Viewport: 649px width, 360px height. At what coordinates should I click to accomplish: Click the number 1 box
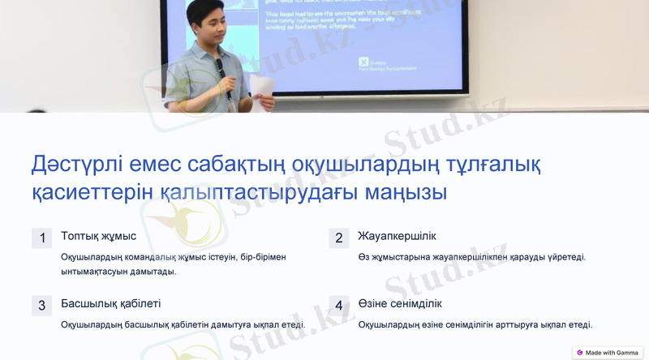coord(41,238)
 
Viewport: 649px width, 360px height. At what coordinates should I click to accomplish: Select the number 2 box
coord(338,238)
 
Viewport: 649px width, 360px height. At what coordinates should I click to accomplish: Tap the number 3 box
coord(41,306)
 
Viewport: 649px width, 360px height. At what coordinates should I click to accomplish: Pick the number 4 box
coord(338,306)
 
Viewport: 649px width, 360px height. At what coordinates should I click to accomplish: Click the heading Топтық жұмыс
coord(98,236)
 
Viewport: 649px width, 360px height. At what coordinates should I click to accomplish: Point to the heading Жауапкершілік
coord(397,236)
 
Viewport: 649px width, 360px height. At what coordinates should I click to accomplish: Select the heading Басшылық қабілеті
coord(110,304)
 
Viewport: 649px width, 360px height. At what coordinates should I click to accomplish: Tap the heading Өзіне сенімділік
coord(399,304)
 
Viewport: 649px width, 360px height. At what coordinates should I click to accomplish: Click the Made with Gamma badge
coord(607,353)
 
